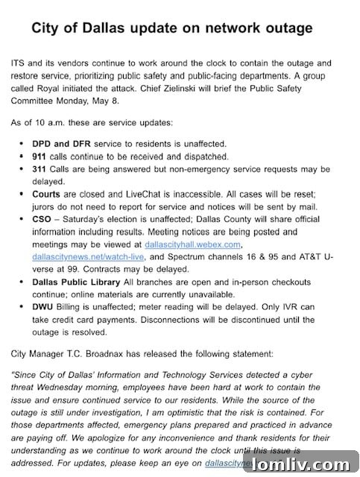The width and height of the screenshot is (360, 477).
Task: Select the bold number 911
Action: (x=40, y=157)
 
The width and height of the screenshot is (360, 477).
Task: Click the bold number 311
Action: (x=40, y=171)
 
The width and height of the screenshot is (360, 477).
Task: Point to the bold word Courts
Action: (x=49, y=194)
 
